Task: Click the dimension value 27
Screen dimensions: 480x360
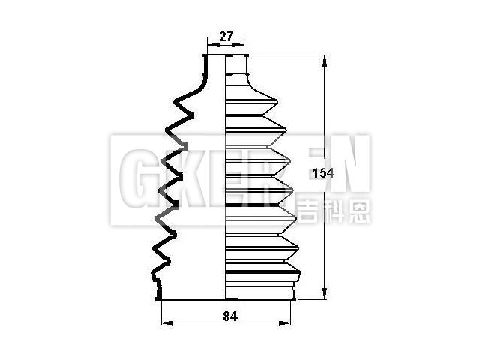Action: click(226, 37)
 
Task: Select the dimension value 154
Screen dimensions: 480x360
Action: click(323, 173)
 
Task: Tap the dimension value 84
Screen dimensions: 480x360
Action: click(230, 316)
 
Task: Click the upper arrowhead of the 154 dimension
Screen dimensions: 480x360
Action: click(325, 61)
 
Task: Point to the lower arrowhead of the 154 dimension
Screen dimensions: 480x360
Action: click(325, 293)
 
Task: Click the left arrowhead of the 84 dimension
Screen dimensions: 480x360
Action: click(167, 322)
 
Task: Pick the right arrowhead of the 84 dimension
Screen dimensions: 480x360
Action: click(284, 322)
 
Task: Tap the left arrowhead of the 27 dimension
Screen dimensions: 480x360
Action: click(214, 45)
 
